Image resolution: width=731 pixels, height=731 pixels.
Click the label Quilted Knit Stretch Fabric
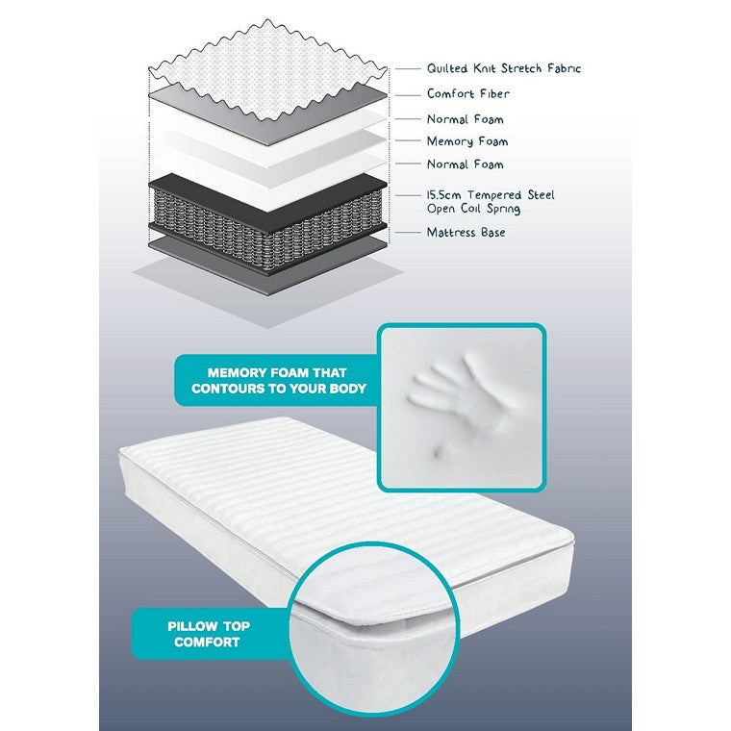point(504,68)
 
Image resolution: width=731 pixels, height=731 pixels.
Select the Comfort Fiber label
point(468,94)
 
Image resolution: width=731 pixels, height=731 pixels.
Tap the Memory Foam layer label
point(467,141)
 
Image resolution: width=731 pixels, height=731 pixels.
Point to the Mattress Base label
point(466,233)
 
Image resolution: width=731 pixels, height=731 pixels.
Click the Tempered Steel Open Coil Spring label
point(491,202)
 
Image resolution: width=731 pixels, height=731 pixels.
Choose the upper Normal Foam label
point(466,119)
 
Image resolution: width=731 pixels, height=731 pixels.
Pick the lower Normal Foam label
point(466,164)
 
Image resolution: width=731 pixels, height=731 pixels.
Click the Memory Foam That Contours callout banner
point(273,380)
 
